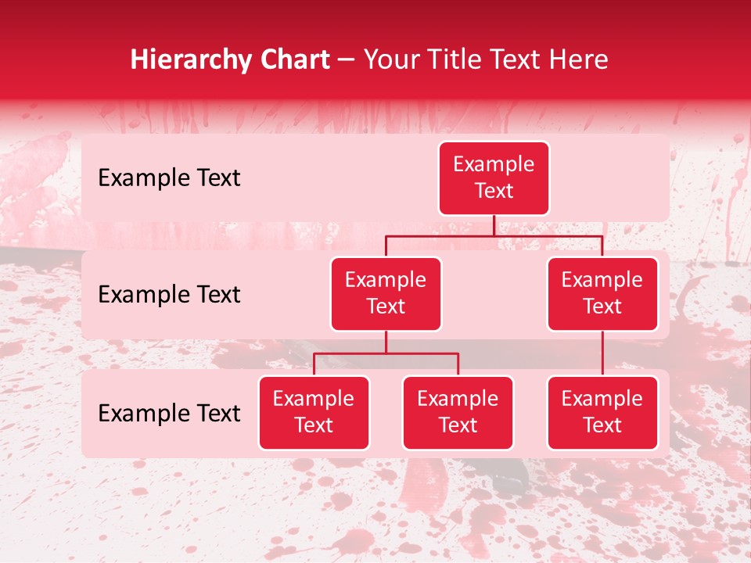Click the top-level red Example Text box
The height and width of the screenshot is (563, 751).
[494, 178]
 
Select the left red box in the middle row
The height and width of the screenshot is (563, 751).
[386, 294]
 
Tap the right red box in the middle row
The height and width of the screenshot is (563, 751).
[602, 294]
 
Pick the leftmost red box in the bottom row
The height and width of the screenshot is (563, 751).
[314, 413]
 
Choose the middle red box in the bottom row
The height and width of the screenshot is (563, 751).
[458, 413]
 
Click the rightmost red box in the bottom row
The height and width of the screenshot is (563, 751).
[602, 413]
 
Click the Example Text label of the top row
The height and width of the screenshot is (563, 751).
[169, 178]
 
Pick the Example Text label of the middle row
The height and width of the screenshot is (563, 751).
[169, 295]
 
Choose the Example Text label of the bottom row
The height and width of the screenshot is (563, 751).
[169, 414]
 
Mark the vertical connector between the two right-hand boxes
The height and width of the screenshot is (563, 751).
[602, 353]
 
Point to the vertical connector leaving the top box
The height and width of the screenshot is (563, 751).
[494, 225]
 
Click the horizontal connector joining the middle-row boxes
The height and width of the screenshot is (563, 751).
[494, 235]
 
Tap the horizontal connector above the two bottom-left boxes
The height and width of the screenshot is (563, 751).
[386, 353]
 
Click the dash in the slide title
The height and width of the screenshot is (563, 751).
[347, 60]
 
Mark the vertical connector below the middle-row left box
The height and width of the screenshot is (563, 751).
[386, 342]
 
